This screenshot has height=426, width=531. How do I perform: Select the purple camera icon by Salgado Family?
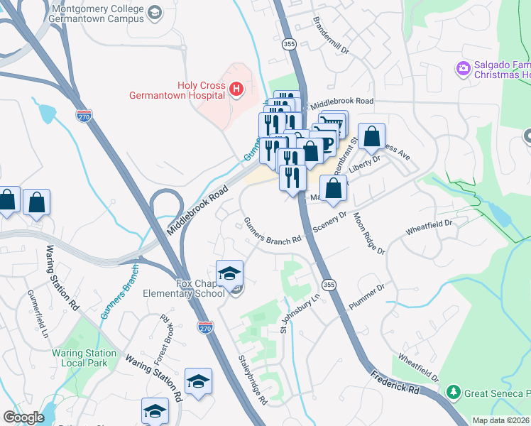click(464, 68)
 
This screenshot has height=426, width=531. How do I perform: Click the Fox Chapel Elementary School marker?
click(229, 273)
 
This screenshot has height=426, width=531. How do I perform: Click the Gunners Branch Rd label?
click(272, 231)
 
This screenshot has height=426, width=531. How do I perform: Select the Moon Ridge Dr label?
click(368, 234)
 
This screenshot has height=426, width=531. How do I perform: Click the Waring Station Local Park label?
click(84, 359)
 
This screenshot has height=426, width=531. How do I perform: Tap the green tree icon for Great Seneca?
click(451, 392)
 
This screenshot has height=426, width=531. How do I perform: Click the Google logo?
click(23, 417)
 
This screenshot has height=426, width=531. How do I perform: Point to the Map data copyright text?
click(500, 420)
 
